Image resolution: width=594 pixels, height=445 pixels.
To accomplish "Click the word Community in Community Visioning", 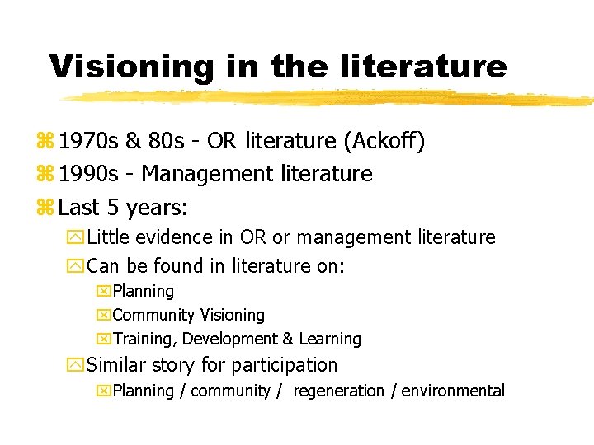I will (153, 315).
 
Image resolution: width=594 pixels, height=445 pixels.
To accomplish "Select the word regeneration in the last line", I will (339, 391).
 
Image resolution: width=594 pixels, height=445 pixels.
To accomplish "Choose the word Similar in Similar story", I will (115, 364).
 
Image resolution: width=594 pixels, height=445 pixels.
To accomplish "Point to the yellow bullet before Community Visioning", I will (104, 316).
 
